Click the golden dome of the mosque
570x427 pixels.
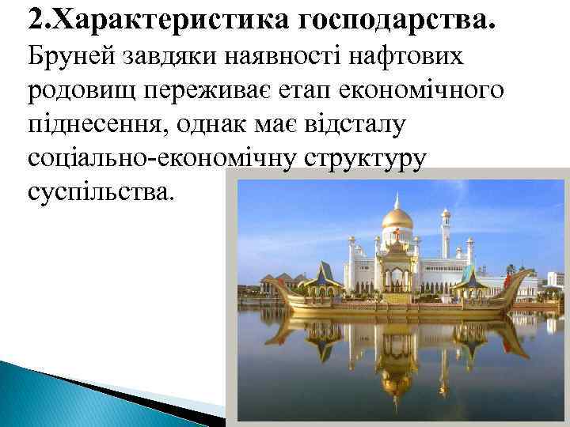click(x=397, y=217)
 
